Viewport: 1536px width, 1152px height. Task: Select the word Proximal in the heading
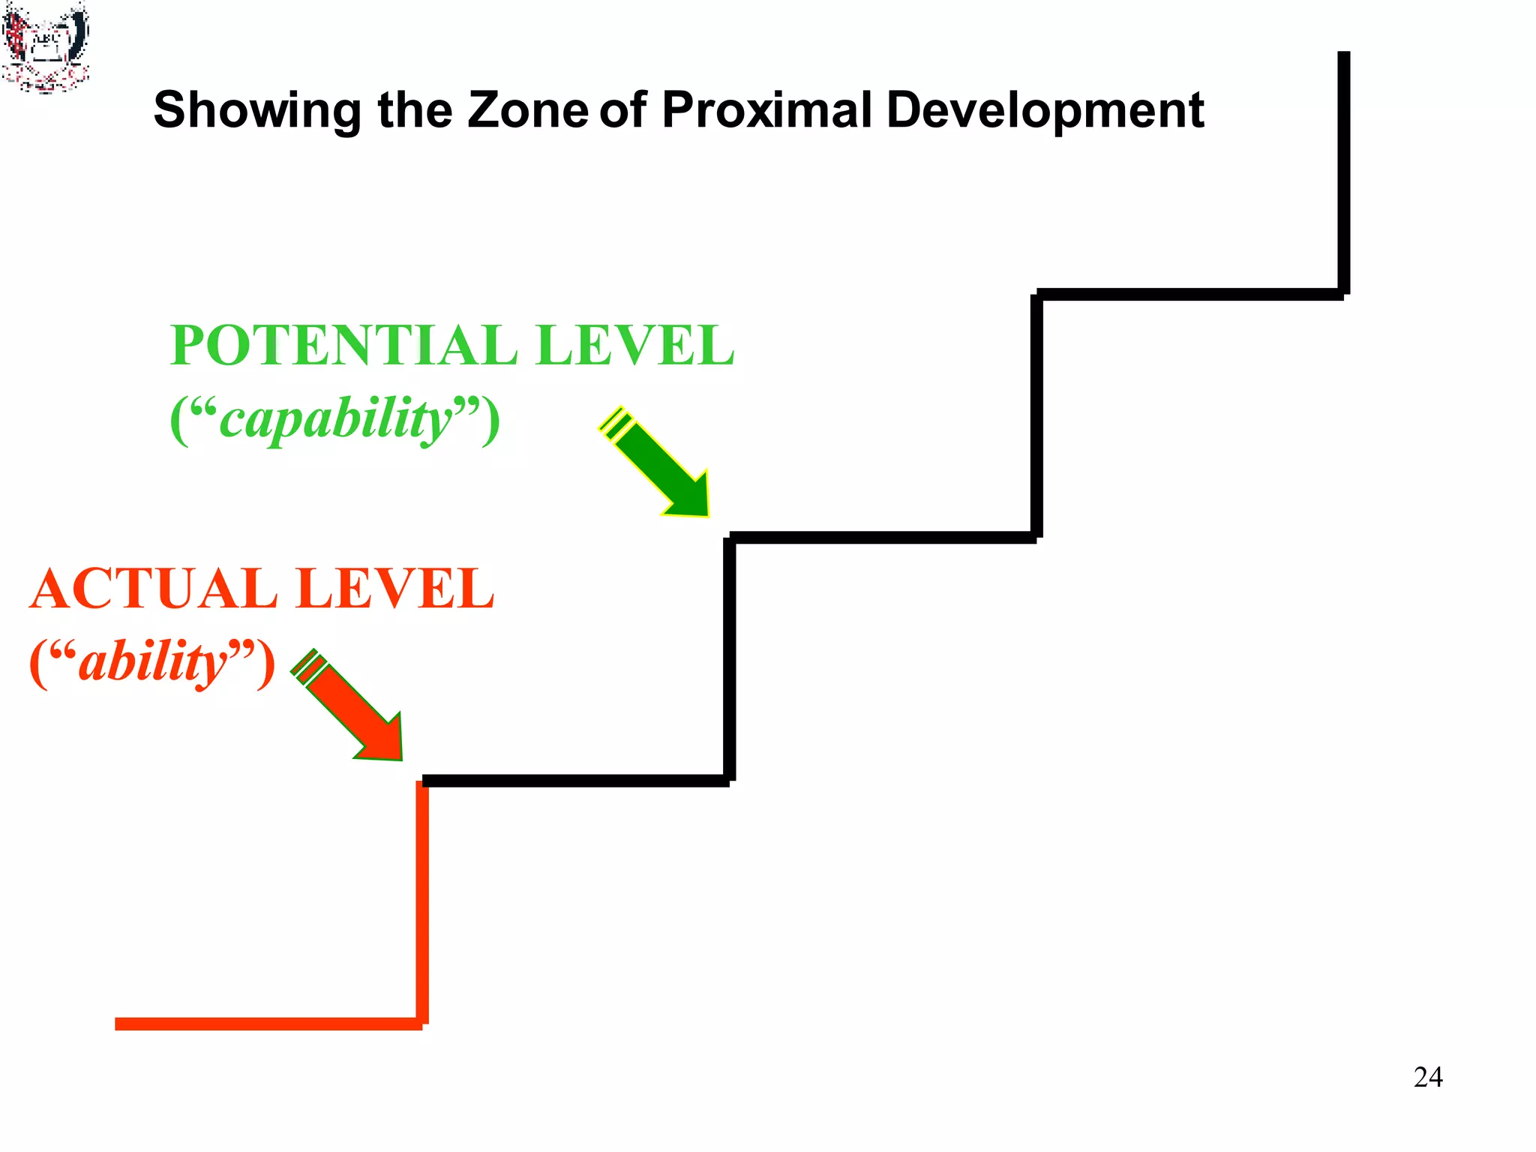[766, 109]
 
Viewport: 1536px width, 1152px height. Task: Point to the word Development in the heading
[1045, 111]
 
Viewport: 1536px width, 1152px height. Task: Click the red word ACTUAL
[154, 589]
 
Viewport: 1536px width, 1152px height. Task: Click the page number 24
[1427, 1077]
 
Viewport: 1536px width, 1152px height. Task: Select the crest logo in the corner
[45, 46]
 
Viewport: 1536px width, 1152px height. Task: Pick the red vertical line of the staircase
[422, 900]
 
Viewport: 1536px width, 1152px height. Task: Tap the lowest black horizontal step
[575, 781]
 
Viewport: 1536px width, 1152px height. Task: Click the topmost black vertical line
[1343, 172]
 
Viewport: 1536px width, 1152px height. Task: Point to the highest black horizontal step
[1189, 294]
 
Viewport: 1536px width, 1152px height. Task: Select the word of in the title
[622, 109]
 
